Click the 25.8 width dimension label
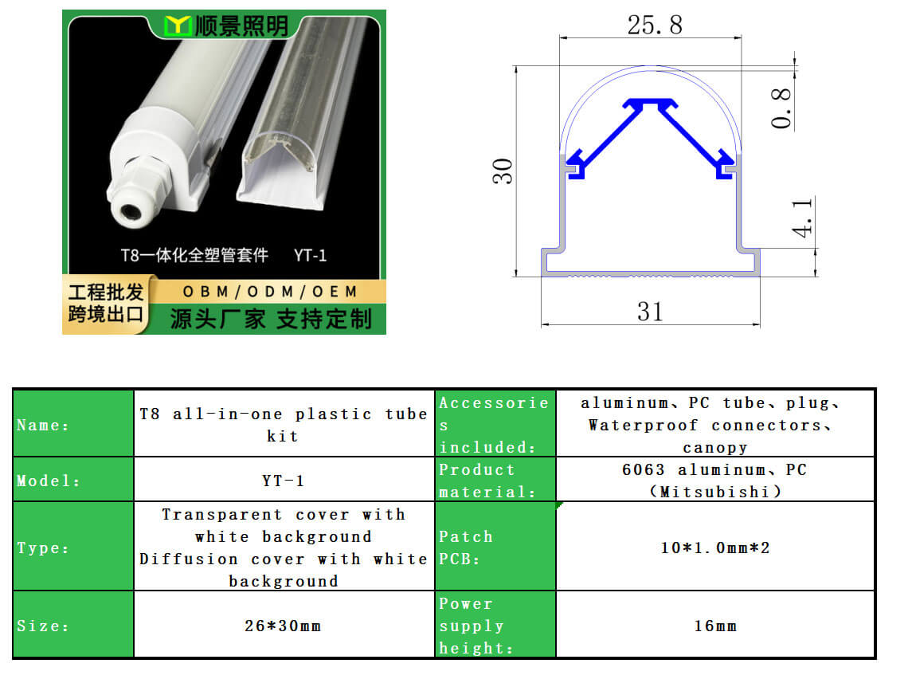655,25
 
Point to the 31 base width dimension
650,312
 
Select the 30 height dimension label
503,171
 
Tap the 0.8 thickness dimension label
781,108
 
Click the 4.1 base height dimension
802,218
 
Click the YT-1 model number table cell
283,481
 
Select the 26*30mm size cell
283,626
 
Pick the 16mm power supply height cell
715,626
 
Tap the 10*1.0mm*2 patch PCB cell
715,548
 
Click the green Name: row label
73,423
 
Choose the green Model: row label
73,480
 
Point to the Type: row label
73,547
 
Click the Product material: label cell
495,480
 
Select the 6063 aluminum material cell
715,480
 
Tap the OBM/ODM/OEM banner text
270,292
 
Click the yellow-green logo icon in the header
178,26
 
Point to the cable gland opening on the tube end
129,210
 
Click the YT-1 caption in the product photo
310,255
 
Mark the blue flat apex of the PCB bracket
650,102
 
